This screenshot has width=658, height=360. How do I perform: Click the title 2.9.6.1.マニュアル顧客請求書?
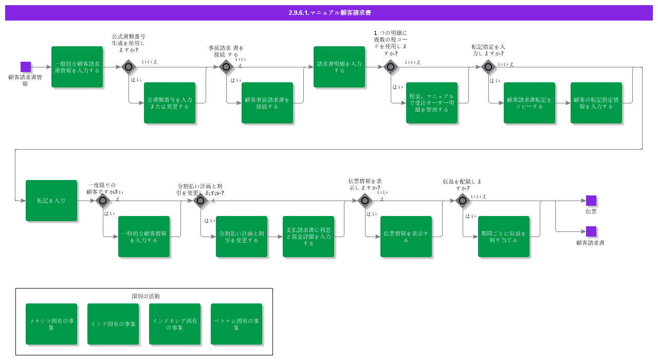tap(329, 13)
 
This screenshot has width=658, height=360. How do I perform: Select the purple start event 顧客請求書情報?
tap(26, 67)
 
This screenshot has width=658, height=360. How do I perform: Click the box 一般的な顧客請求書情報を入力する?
tap(77, 67)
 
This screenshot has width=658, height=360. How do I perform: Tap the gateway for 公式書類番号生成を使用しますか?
tap(129, 67)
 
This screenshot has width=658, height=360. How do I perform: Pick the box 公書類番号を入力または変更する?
tap(170, 103)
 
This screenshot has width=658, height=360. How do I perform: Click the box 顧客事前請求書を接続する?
tap(267, 103)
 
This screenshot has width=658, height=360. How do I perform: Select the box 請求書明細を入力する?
tap(339, 67)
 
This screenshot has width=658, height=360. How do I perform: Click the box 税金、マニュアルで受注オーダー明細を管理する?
tap(432, 103)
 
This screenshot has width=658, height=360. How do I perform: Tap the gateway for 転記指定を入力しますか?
tap(488, 67)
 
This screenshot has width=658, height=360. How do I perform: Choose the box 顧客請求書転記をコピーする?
tap(529, 103)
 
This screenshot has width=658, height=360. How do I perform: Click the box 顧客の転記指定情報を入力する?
tap(596, 103)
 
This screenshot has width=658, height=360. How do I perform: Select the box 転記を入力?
tap(51, 201)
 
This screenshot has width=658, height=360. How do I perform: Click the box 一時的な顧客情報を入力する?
tap(144, 237)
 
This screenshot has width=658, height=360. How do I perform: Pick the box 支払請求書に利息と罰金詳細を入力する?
tap(308, 237)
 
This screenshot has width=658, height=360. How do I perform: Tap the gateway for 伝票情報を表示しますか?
tap(365, 201)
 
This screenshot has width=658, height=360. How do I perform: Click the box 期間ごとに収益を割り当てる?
tap(504, 237)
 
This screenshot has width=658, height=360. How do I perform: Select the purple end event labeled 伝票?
tap(591, 201)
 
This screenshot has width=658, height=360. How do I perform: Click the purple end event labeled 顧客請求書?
tap(591, 231)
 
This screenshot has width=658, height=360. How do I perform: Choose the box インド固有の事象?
tap(113, 324)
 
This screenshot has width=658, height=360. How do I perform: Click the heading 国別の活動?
tap(146, 296)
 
